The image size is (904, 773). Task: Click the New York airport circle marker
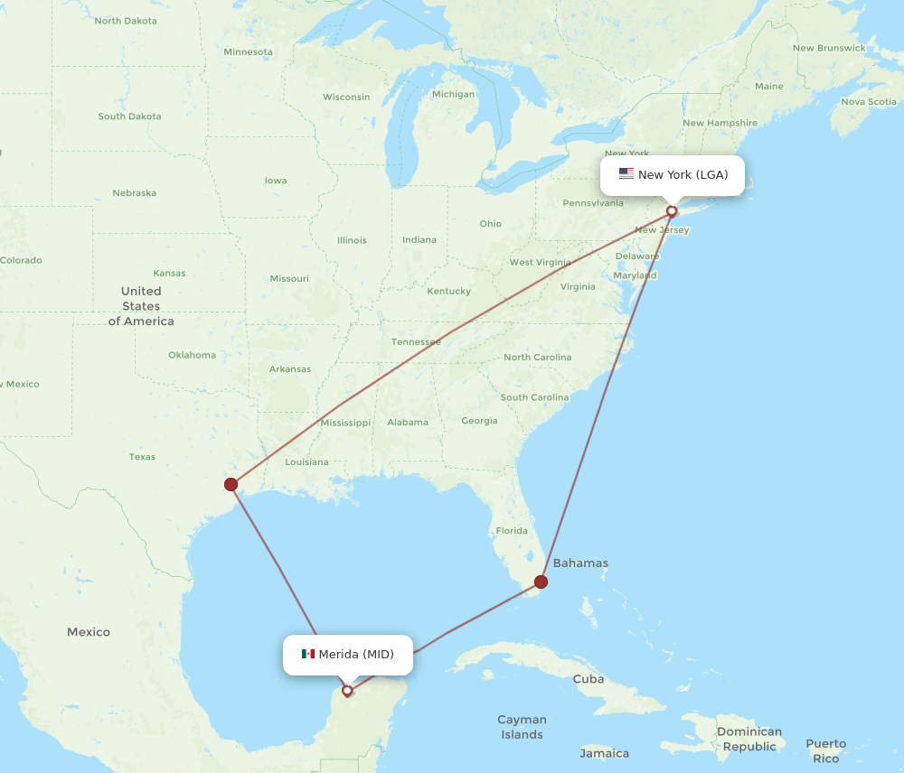click(672, 211)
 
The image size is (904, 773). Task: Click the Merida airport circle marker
click(347, 691)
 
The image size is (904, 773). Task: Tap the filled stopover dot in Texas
click(231, 484)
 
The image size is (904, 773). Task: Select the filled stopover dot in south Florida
click(541, 582)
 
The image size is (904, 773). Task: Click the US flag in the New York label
click(626, 174)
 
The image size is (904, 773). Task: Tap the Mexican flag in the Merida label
click(308, 654)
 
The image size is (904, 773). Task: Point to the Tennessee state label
click(416, 342)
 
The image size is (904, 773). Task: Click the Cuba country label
click(588, 679)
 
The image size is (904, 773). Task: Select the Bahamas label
click(580, 563)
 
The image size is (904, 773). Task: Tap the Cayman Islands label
click(522, 727)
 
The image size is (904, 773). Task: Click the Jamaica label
click(604, 753)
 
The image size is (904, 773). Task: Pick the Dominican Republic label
click(750, 739)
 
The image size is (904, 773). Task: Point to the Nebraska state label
click(134, 193)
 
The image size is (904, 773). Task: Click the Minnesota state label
click(248, 52)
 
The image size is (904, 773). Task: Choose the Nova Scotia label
click(869, 102)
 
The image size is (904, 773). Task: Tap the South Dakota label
click(129, 116)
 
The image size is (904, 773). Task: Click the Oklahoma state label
click(192, 355)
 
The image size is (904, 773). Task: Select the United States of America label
click(141, 306)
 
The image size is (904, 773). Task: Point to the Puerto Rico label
click(826, 751)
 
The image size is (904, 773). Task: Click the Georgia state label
click(479, 421)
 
